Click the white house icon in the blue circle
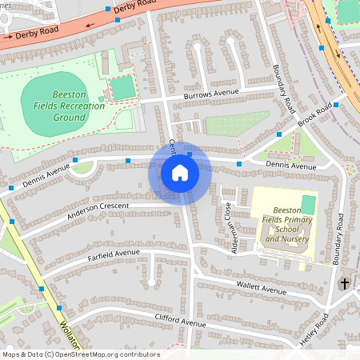(180, 173)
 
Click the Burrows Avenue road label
(211, 94)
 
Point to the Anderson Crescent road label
(98, 205)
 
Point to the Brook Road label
(314, 117)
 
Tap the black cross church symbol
(345, 283)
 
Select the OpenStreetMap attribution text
(80, 354)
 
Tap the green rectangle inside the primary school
(308, 205)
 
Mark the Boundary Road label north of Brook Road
(284, 88)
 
